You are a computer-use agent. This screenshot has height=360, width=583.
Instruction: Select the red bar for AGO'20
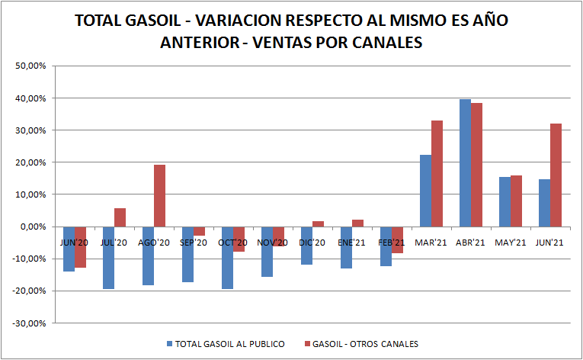(159, 195)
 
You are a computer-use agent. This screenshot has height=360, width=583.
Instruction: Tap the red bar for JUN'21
(556, 175)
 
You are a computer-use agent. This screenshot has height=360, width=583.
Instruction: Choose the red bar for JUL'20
(120, 217)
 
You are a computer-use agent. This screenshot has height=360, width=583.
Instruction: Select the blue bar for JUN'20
(69, 249)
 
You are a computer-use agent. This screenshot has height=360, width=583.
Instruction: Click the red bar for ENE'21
(357, 223)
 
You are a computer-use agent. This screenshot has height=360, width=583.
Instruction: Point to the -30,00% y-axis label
(30, 323)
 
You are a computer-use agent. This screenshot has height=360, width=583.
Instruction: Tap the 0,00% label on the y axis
(34, 227)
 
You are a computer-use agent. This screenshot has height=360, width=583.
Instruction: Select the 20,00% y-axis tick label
(31, 162)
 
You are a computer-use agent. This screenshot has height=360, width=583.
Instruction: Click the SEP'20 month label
(193, 243)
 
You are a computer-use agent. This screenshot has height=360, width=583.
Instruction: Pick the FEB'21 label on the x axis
(391, 243)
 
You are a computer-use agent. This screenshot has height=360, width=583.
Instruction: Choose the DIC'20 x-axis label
(312, 243)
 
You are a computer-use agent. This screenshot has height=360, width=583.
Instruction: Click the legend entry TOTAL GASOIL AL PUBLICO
(229, 344)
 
